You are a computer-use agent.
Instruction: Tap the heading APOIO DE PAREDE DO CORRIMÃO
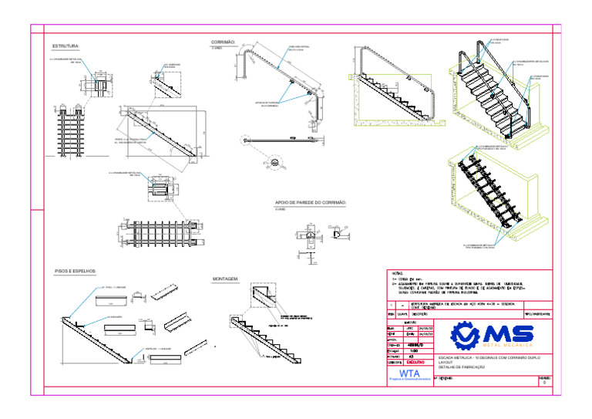(311, 203)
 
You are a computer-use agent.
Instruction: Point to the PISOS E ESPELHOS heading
(76, 272)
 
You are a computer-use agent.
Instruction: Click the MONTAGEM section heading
(225, 278)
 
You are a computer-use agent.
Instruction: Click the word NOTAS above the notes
(397, 273)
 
